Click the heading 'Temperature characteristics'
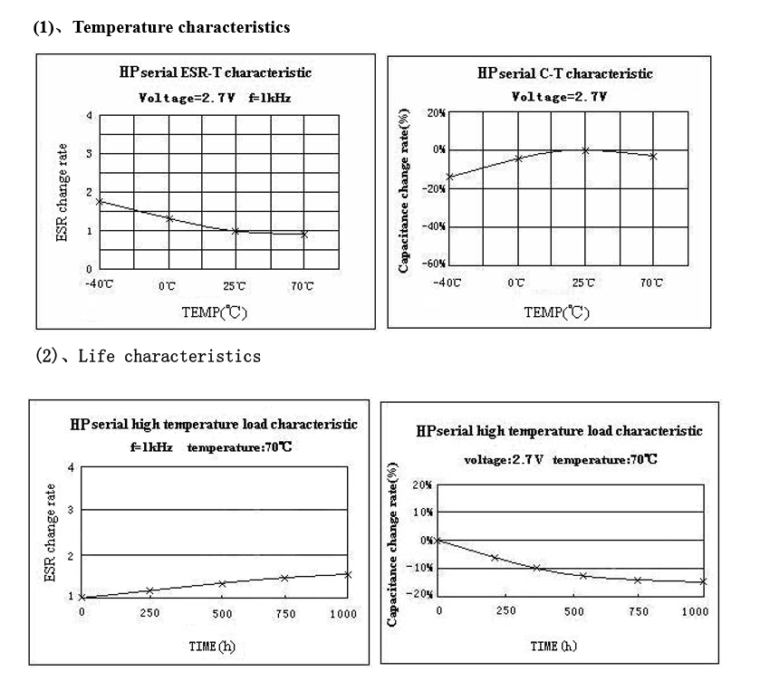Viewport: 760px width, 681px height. click(181, 27)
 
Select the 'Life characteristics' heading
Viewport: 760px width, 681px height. click(169, 356)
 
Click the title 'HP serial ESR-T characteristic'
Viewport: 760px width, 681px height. click(215, 73)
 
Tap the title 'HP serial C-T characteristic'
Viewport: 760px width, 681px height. click(564, 74)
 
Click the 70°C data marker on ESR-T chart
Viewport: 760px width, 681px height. click(304, 234)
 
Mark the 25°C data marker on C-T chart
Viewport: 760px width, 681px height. click(585, 150)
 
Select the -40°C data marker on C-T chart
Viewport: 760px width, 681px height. click(449, 177)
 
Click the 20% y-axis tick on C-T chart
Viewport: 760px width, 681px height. click(437, 113)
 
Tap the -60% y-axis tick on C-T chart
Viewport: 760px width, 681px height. click(435, 264)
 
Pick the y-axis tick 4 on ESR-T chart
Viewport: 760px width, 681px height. click(89, 116)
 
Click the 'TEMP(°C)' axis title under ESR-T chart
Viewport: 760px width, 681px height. click(214, 313)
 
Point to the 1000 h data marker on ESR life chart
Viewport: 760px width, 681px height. click(348, 574)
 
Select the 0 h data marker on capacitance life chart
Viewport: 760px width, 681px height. click(439, 541)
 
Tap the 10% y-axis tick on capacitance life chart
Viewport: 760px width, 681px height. click(422, 513)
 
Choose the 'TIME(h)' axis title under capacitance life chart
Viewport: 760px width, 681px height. click(553, 646)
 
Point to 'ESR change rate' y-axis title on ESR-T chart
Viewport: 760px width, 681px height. click(63, 192)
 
